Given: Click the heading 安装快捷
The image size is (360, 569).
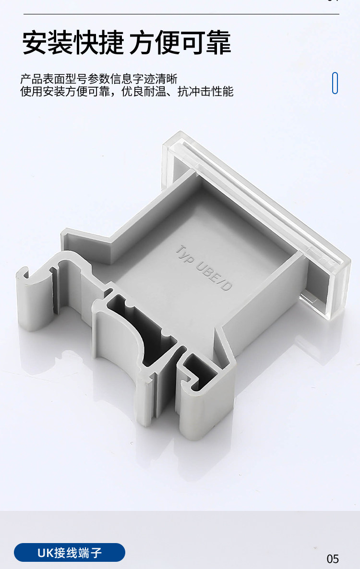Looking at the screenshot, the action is pyautogui.click(x=73, y=42).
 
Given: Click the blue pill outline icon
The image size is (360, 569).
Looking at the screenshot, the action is pyautogui.click(x=335, y=83).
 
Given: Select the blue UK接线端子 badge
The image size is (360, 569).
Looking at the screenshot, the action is pyautogui.click(x=70, y=552).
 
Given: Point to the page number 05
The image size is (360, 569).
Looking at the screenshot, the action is pyautogui.click(x=333, y=559).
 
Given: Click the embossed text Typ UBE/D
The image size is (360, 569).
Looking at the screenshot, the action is pyautogui.click(x=204, y=268).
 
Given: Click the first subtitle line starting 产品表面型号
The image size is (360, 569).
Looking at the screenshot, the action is pyautogui.click(x=99, y=79).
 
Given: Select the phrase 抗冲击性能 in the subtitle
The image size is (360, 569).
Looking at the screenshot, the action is pyautogui.click(x=205, y=91).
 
